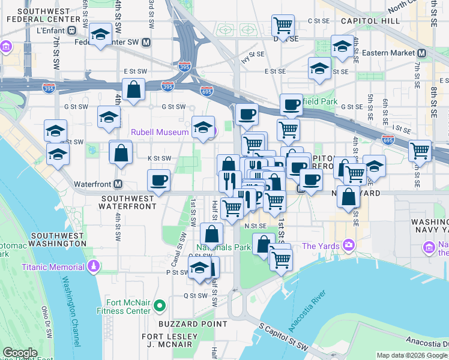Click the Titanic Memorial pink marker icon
click(93, 266)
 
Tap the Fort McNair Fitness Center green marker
click(159, 307)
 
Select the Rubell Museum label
click(160, 132)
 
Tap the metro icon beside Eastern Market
click(421, 53)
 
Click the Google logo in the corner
click(20, 353)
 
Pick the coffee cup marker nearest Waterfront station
click(158, 180)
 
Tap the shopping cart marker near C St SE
click(283, 25)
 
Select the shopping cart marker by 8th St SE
click(420, 150)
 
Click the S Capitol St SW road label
click(283, 338)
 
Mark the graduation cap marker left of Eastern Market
click(342, 46)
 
